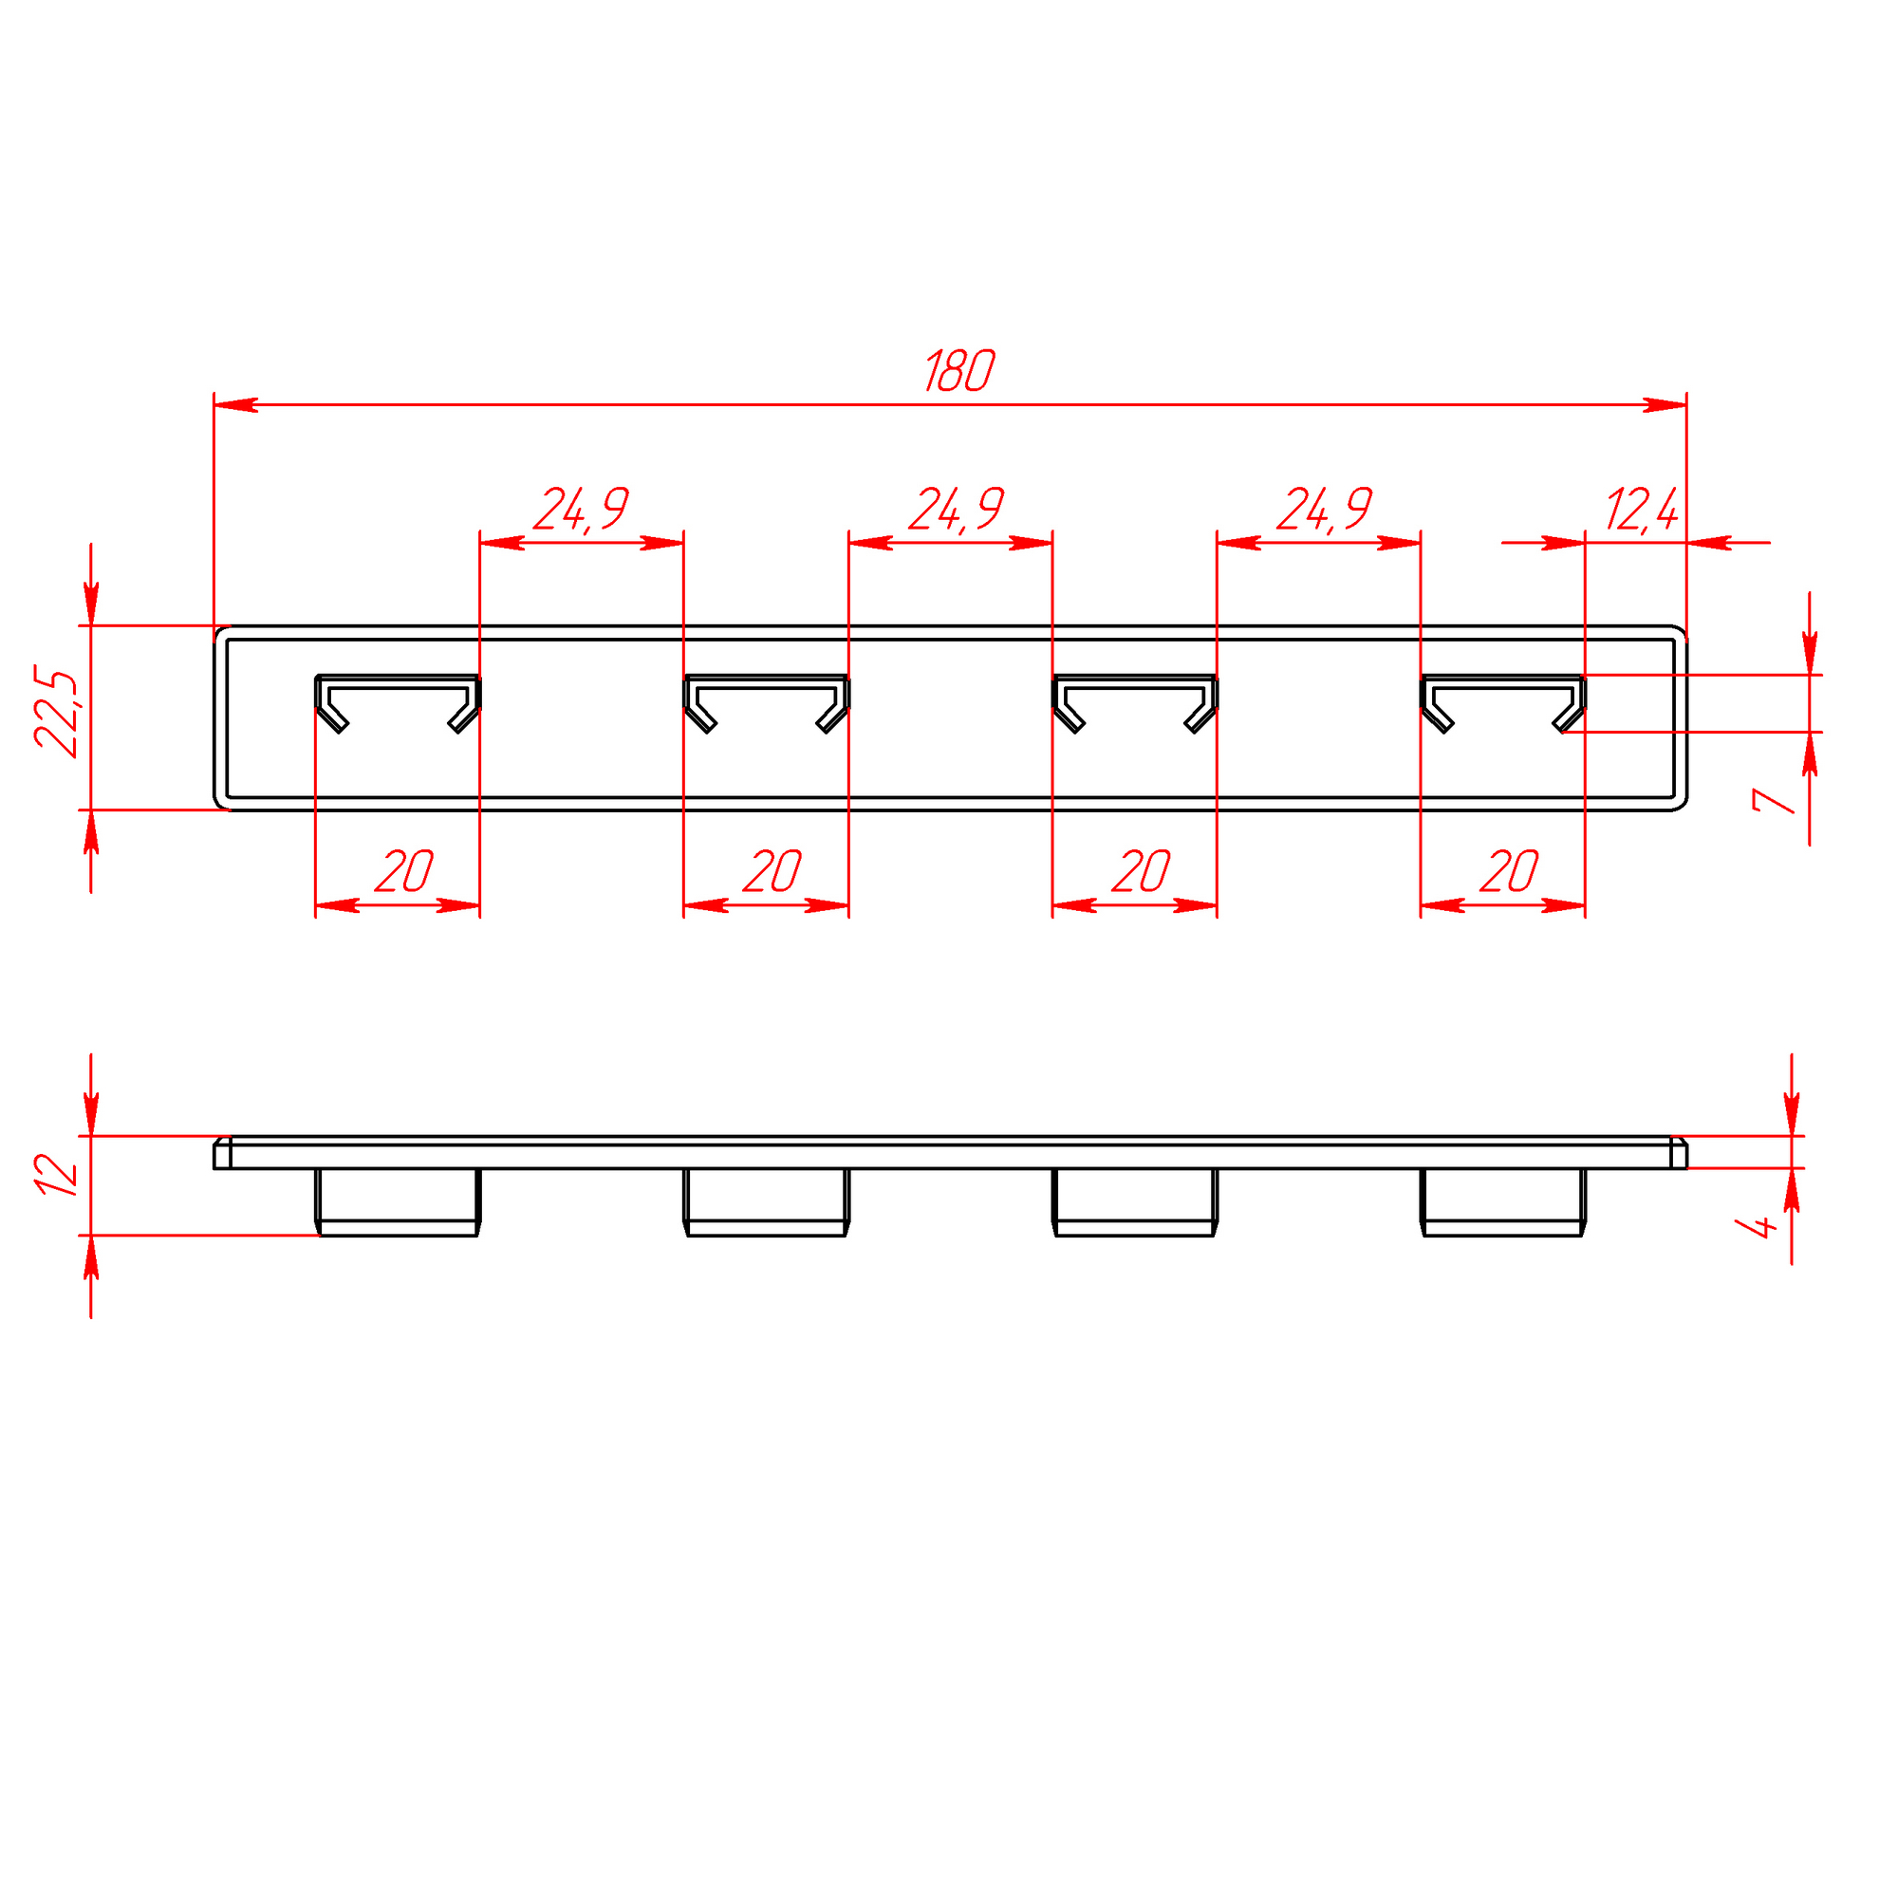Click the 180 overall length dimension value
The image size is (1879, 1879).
[958, 370]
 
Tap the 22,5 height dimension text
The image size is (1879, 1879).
[56, 712]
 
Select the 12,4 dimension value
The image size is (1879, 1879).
[1642, 511]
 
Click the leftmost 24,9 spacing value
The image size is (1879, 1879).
[582, 510]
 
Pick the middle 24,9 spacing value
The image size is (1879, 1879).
[956, 510]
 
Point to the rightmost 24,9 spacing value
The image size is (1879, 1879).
[1325, 510]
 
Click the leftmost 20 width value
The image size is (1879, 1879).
[403, 870]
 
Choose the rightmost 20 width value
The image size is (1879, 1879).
[1509, 870]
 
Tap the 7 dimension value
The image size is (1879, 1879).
[1772, 800]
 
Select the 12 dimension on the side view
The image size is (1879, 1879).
[56, 1175]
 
